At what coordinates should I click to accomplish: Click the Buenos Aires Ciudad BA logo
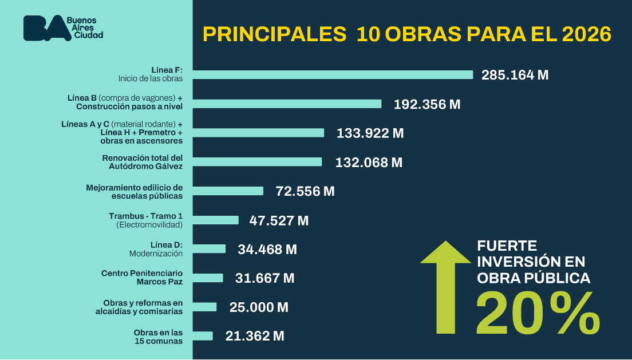[x=63, y=28]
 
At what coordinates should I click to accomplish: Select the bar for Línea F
[x=333, y=74]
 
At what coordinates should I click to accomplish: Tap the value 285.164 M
[x=515, y=75]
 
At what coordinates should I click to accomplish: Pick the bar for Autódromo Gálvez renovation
[x=257, y=162]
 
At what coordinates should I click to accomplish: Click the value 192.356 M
[x=426, y=104]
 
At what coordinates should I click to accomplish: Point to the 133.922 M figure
[x=370, y=133]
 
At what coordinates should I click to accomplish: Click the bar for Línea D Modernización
[x=209, y=248]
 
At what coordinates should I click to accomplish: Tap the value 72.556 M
[x=305, y=191]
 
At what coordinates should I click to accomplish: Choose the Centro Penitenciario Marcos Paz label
[x=142, y=278]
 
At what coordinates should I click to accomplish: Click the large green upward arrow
[x=445, y=286]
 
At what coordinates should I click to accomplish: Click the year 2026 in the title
[x=586, y=35]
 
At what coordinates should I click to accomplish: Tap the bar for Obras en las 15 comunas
[x=203, y=336]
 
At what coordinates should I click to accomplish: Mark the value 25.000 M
[x=259, y=307]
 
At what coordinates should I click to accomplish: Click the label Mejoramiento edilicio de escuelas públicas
[x=134, y=191]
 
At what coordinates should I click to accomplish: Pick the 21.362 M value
[x=255, y=337]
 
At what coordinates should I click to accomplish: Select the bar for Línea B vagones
[x=287, y=104]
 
